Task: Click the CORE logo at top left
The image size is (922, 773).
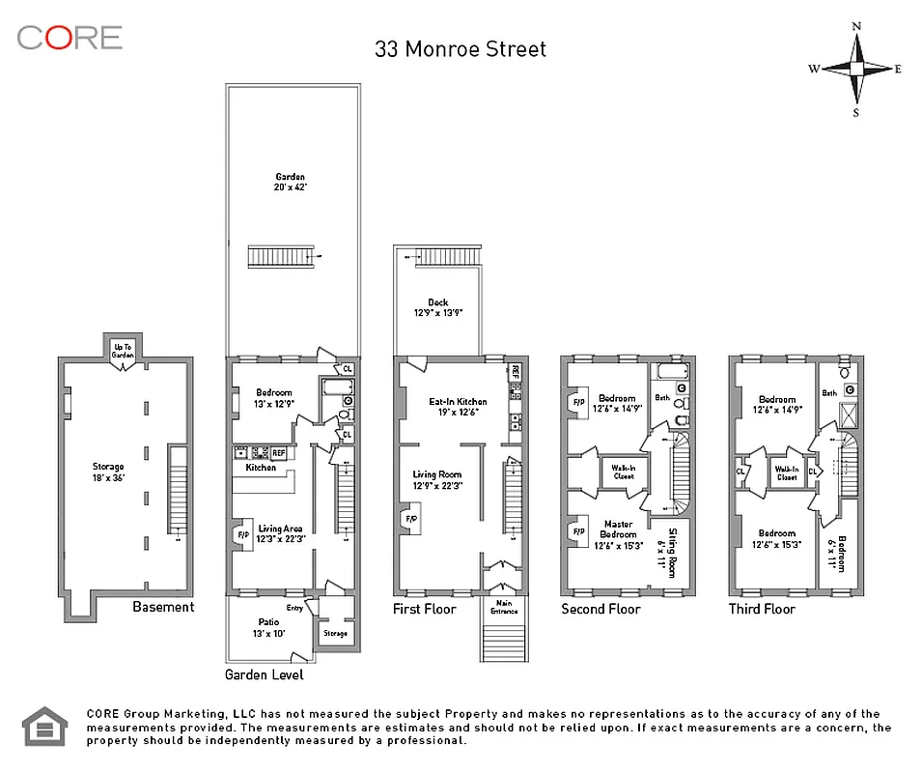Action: click(70, 38)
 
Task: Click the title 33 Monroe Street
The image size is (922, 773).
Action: click(461, 48)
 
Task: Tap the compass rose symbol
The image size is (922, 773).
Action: click(855, 69)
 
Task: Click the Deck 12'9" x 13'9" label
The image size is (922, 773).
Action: click(437, 308)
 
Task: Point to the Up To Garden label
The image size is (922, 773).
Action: click(122, 349)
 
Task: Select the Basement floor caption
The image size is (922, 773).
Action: click(163, 607)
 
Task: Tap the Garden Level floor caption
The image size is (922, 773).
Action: click(265, 674)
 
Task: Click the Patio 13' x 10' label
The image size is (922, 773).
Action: click(268, 627)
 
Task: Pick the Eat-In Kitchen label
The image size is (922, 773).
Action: click(458, 407)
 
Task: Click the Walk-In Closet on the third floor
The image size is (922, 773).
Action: click(787, 473)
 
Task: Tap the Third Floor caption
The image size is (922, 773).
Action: click(763, 609)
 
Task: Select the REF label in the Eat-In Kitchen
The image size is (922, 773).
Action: click(516, 370)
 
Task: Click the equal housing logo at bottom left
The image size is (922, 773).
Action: click(45, 727)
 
